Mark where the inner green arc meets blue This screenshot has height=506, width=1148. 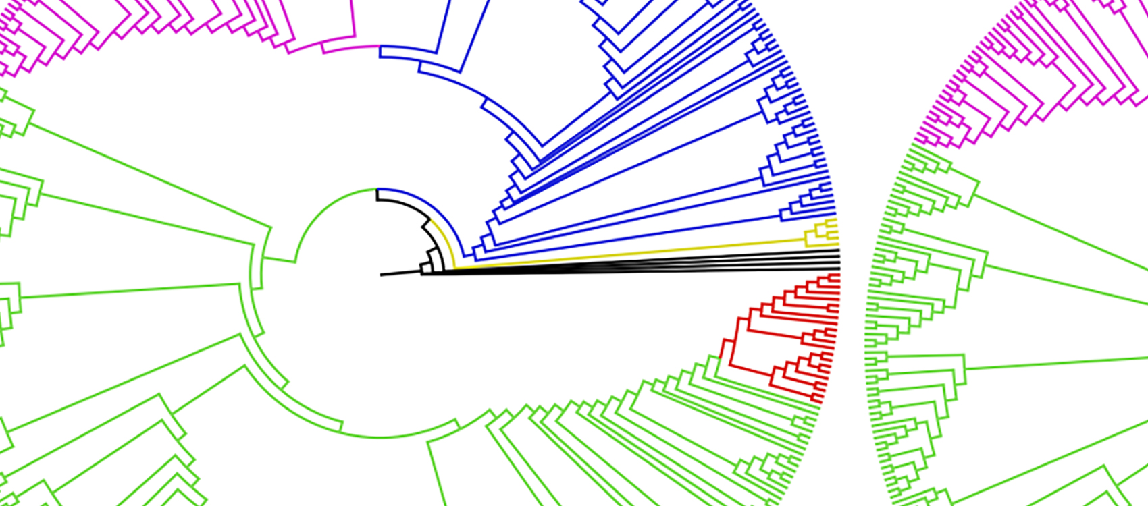(x=377, y=190)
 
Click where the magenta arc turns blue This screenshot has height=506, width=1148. (x=380, y=47)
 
